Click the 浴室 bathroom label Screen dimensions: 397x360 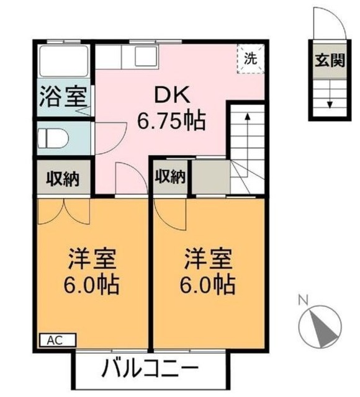(x=63, y=98)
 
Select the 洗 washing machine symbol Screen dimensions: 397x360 (x=250, y=60)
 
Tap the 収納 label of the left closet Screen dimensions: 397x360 (x=63, y=179)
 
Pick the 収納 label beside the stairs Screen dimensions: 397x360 (x=169, y=177)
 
